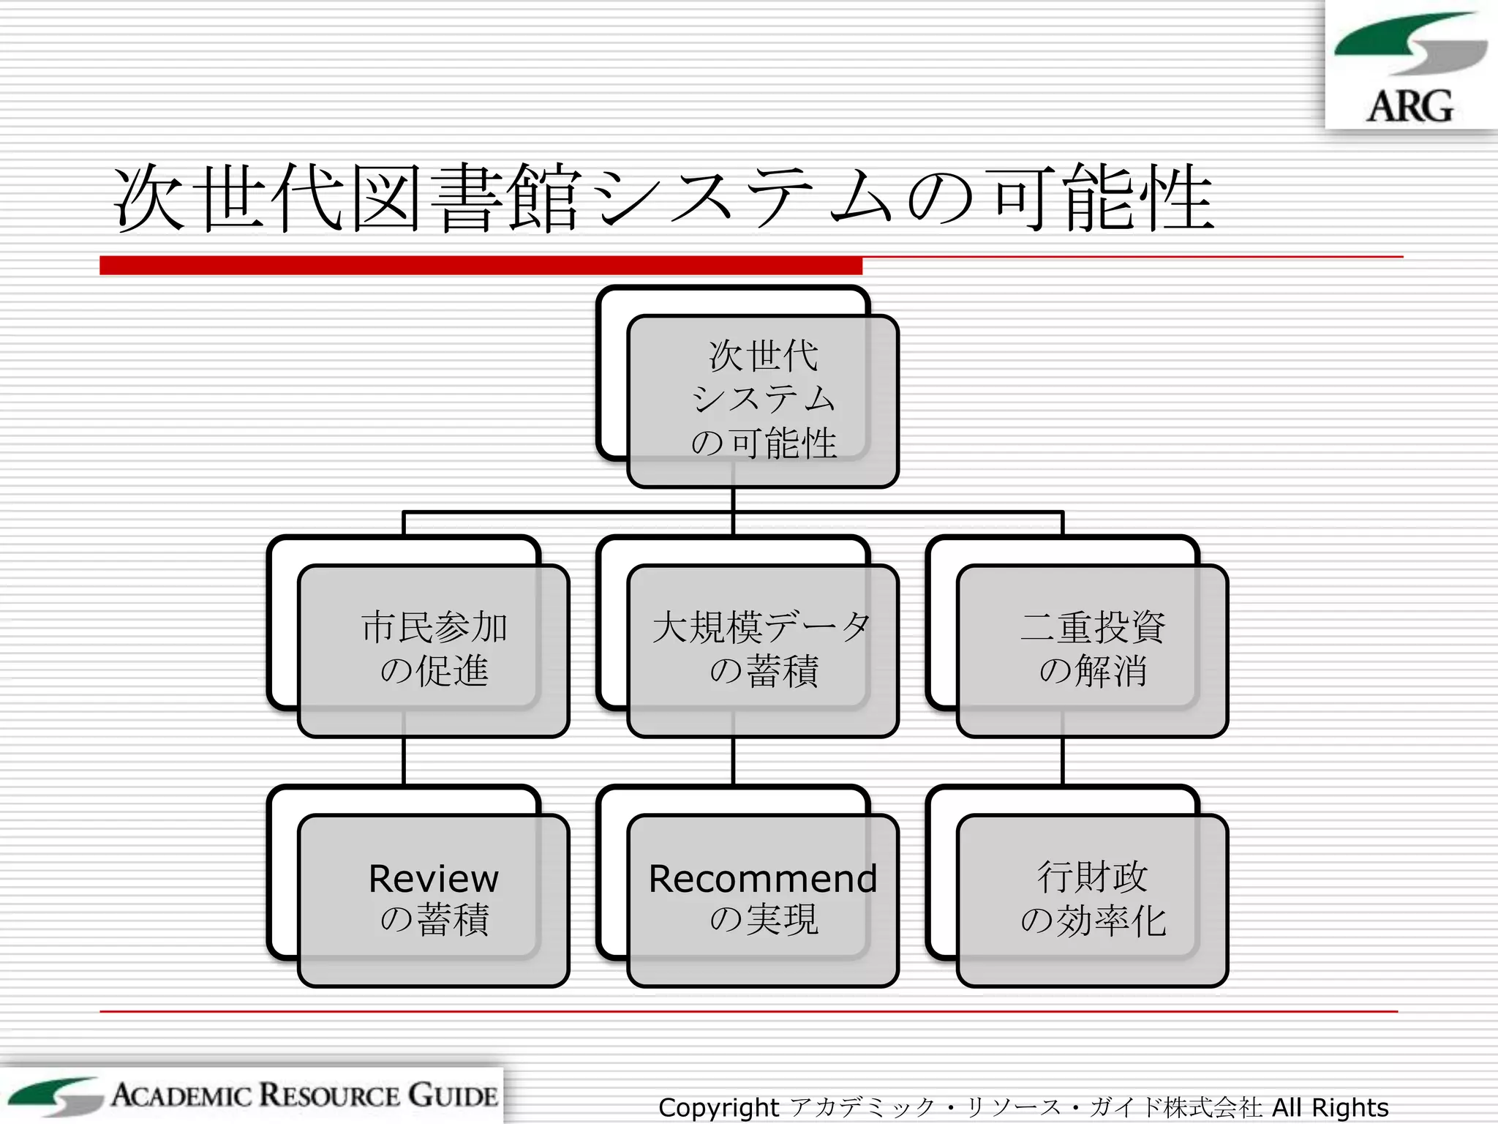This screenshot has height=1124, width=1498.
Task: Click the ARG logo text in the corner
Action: (1409, 107)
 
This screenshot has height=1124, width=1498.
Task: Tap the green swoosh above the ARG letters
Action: (1390, 37)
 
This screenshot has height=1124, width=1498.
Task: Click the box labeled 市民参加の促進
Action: (433, 650)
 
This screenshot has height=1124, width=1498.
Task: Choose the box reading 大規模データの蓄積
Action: (762, 650)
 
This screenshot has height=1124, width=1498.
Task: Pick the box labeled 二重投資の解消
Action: (1092, 650)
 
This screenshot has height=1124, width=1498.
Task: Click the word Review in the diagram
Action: (433, 879)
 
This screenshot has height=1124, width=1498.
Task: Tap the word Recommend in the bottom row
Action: (762, 879)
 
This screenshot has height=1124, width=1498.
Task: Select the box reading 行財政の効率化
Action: (1092, 899)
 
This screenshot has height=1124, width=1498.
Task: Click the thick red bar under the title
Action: (481, 265)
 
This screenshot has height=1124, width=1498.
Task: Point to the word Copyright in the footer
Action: (718, 1107)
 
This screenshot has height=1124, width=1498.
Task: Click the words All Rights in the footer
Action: (1330, 1107)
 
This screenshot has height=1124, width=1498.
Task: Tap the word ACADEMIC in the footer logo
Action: (183, 1095)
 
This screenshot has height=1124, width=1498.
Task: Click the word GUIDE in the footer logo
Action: (453, 1095)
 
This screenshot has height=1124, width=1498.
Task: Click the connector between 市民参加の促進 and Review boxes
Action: (404, 761)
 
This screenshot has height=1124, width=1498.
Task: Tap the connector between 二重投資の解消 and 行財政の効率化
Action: (1063, 761)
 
